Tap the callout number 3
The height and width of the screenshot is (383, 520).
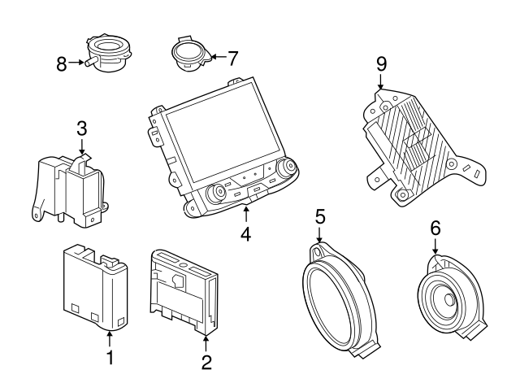pos(81,128)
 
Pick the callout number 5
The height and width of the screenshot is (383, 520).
pos(320,216)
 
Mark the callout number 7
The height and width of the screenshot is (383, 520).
pos(233,58)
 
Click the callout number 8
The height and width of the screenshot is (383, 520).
pos(62,63)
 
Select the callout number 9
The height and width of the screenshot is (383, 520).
pos(381,63)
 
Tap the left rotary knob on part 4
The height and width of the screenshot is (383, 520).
pos(219,194)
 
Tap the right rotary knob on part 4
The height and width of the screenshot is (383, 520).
pos(286,168)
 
